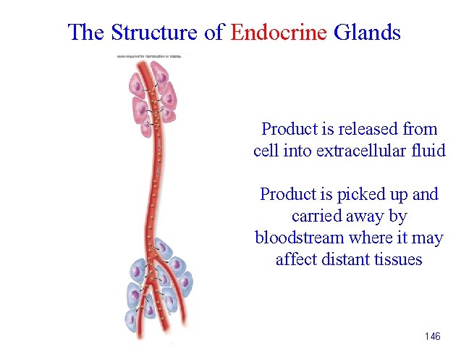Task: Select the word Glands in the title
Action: pyautogui.click(x=367, y=32)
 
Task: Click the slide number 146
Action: pyautogui.click(x=433, y=337)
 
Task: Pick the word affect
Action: pyautogui.click(x=295, y=260)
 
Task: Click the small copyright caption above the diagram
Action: pyautogui.click(x=149, y=56)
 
